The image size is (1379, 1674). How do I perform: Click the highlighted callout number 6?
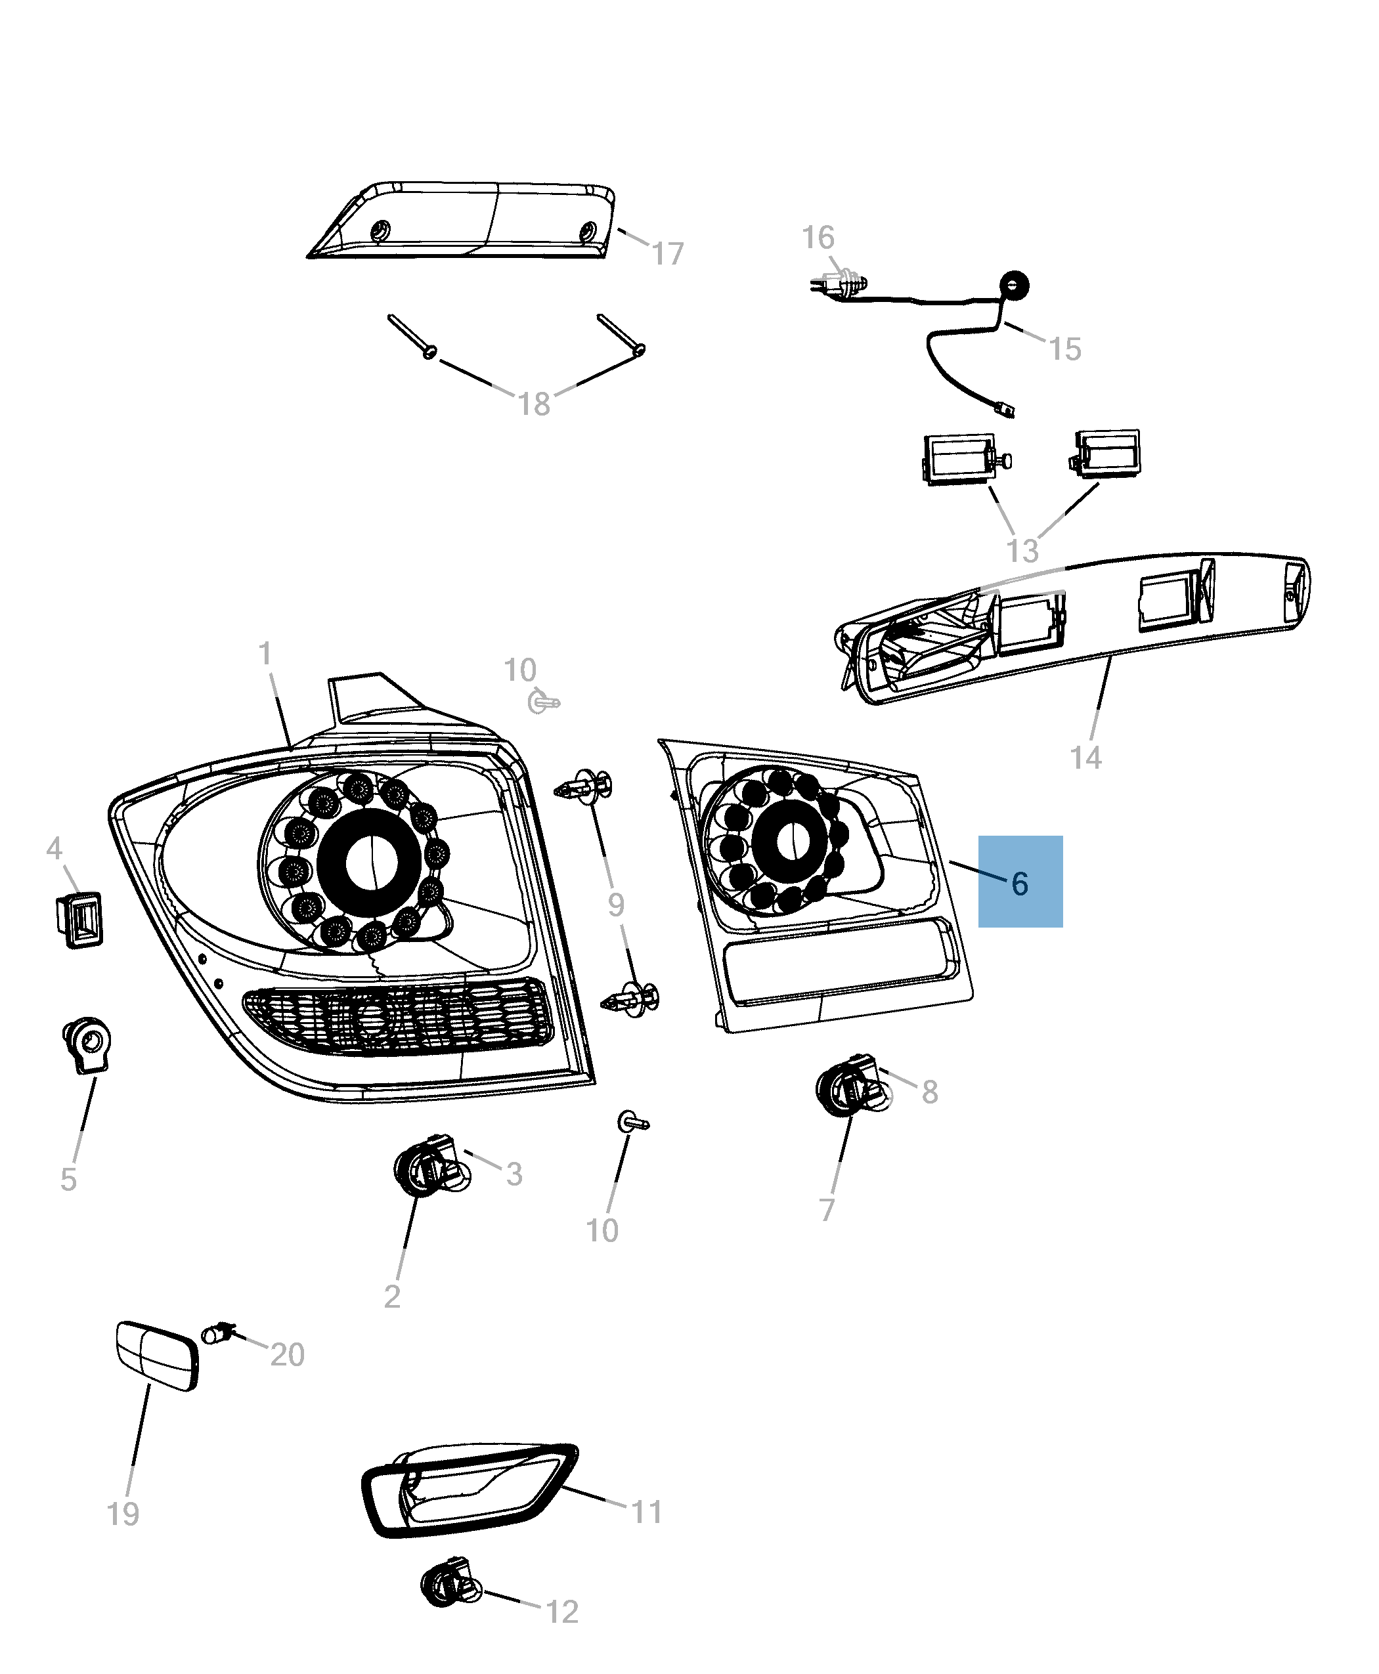coord(1020,883)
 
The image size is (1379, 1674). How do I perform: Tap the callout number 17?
coord(667,254)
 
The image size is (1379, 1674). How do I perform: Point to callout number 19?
coord(123,1514)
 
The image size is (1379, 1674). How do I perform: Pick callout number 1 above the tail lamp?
coord(265,654)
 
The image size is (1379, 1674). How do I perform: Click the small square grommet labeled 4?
coord(79,920)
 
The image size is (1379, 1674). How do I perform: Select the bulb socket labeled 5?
coord(86,1042)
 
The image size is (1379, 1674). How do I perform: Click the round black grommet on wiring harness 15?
coord(1014,284)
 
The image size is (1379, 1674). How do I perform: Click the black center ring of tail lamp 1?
coord(368,861)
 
